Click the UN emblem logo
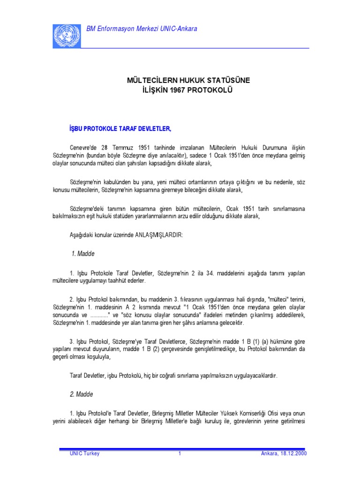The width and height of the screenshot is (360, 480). click(x=67, y=36)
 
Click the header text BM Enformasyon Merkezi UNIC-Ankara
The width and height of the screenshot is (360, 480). click(x=142, y=29)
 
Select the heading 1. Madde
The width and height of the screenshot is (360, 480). click(x=83, y=254)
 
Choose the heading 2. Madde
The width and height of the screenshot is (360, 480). click(x=82, y=395)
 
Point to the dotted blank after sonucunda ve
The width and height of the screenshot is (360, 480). click(x=101, y=315)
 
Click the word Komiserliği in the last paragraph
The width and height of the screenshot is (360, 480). click(x=263, y=413)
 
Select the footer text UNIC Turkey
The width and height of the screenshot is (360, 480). click(x=84, y=454)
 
